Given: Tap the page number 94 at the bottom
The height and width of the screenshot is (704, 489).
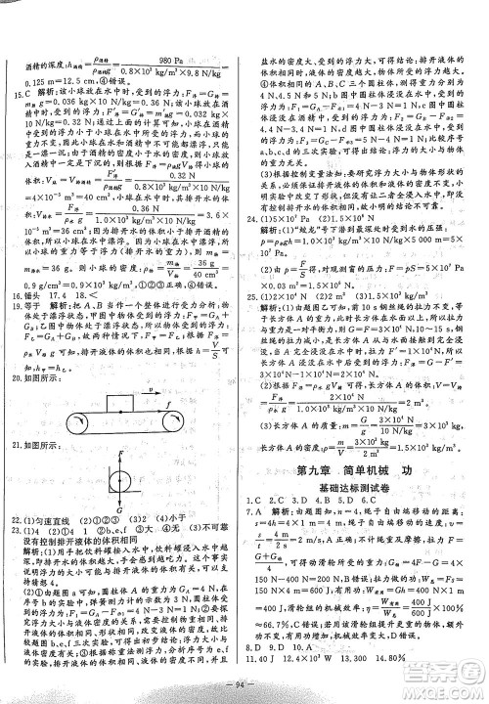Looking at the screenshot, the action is pyautogui.click(x=244, y=684).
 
